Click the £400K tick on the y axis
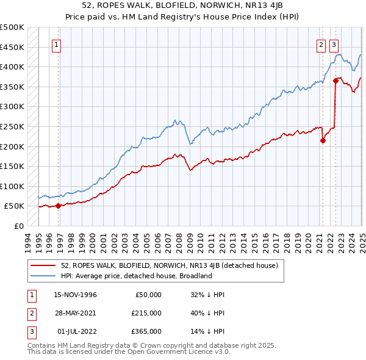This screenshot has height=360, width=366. click(x=12, y=67)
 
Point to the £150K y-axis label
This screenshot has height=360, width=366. click(x=12, y=166)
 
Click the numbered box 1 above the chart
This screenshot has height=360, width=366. click(x=56, y=44)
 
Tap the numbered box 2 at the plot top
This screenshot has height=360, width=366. click(x=321, y=44)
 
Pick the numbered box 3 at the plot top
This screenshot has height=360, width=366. click(x=334, y=44)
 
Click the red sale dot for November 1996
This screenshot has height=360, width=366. click(x=59, y=206)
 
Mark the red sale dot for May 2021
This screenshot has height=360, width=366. click(x=323, y=140)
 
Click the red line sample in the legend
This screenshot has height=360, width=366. click(x=45, y=265)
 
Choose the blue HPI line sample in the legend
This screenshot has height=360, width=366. click(x=45, y=276)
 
